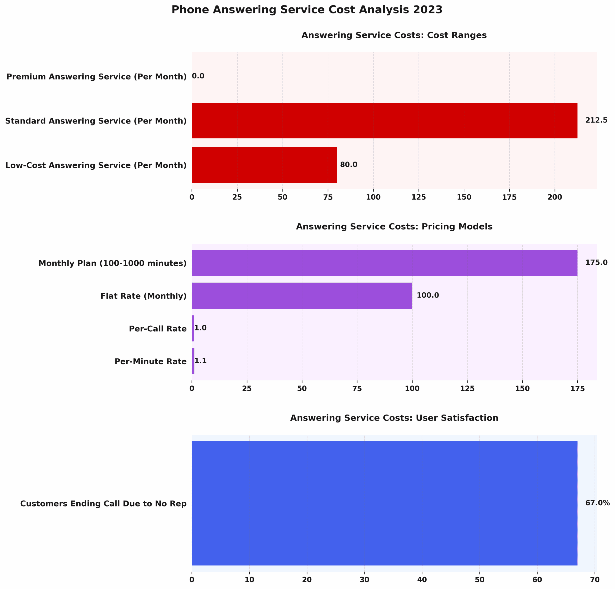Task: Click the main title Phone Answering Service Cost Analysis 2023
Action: (x=307, y=10)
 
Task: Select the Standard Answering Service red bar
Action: (x=384, y=120)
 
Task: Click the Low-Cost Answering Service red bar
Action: (x=264, y=165)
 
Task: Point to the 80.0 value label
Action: (x=348, y=164)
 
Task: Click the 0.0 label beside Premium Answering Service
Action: (x=198, y=76)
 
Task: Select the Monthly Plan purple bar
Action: (x=384, y=263)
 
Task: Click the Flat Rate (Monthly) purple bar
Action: (x=301, y=295)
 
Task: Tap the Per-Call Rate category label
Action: (x=158, y=329)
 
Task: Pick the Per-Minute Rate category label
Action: (x=150, y=361)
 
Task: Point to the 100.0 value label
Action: (x=427, y=295)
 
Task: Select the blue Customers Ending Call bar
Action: (x=384, y=504)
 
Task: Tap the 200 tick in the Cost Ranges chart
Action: (x=554, y=197)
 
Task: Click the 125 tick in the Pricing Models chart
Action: (x=467, y=389)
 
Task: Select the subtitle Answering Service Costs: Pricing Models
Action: (x=394, y=227)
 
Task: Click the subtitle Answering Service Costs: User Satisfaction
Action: (x=394, y=418)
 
